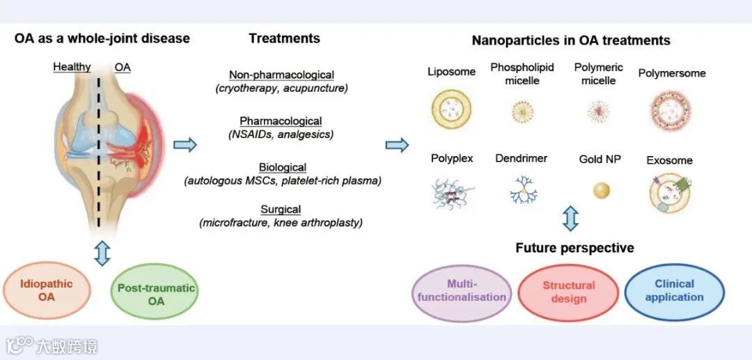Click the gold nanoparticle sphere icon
(602, 189)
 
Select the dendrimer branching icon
(522, 189)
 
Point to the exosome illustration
(668, 191)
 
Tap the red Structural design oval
(568, 292)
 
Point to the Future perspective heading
(574, 248)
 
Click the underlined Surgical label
(281, 209)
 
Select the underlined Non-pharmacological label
(281, 75)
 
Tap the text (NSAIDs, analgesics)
(281, 134)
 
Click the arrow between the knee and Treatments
(185, 145)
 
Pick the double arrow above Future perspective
(570, 218)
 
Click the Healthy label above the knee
(72, 67)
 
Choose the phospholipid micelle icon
(522, 110)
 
